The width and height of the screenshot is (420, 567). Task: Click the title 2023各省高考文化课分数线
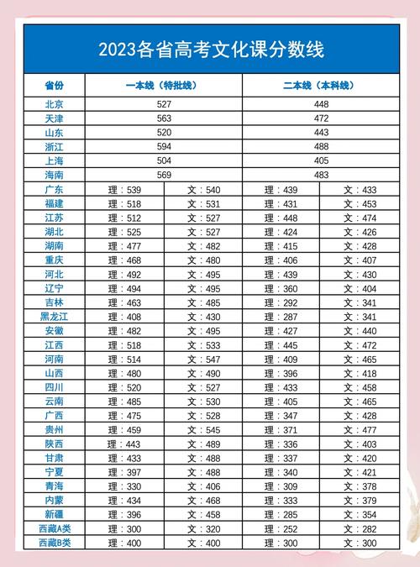[211, 50]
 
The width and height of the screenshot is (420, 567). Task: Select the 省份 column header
[54, 86]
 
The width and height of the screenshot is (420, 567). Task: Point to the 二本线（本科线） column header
[320, 86]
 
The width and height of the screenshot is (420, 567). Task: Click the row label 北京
[54, 104]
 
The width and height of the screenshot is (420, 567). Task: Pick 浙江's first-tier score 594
[164, 147]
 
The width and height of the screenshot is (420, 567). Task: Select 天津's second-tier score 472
[321, 118]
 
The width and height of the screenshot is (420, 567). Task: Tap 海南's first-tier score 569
[164, 175]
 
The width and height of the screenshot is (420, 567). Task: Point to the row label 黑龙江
[54, 317]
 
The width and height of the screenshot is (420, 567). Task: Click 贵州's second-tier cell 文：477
[359, 429]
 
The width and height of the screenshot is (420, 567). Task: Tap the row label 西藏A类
[54, 528]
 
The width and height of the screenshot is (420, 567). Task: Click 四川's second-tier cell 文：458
[359, 387]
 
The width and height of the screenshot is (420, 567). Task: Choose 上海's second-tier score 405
[321, 160]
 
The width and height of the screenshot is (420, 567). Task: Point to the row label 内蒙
[54, 500]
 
